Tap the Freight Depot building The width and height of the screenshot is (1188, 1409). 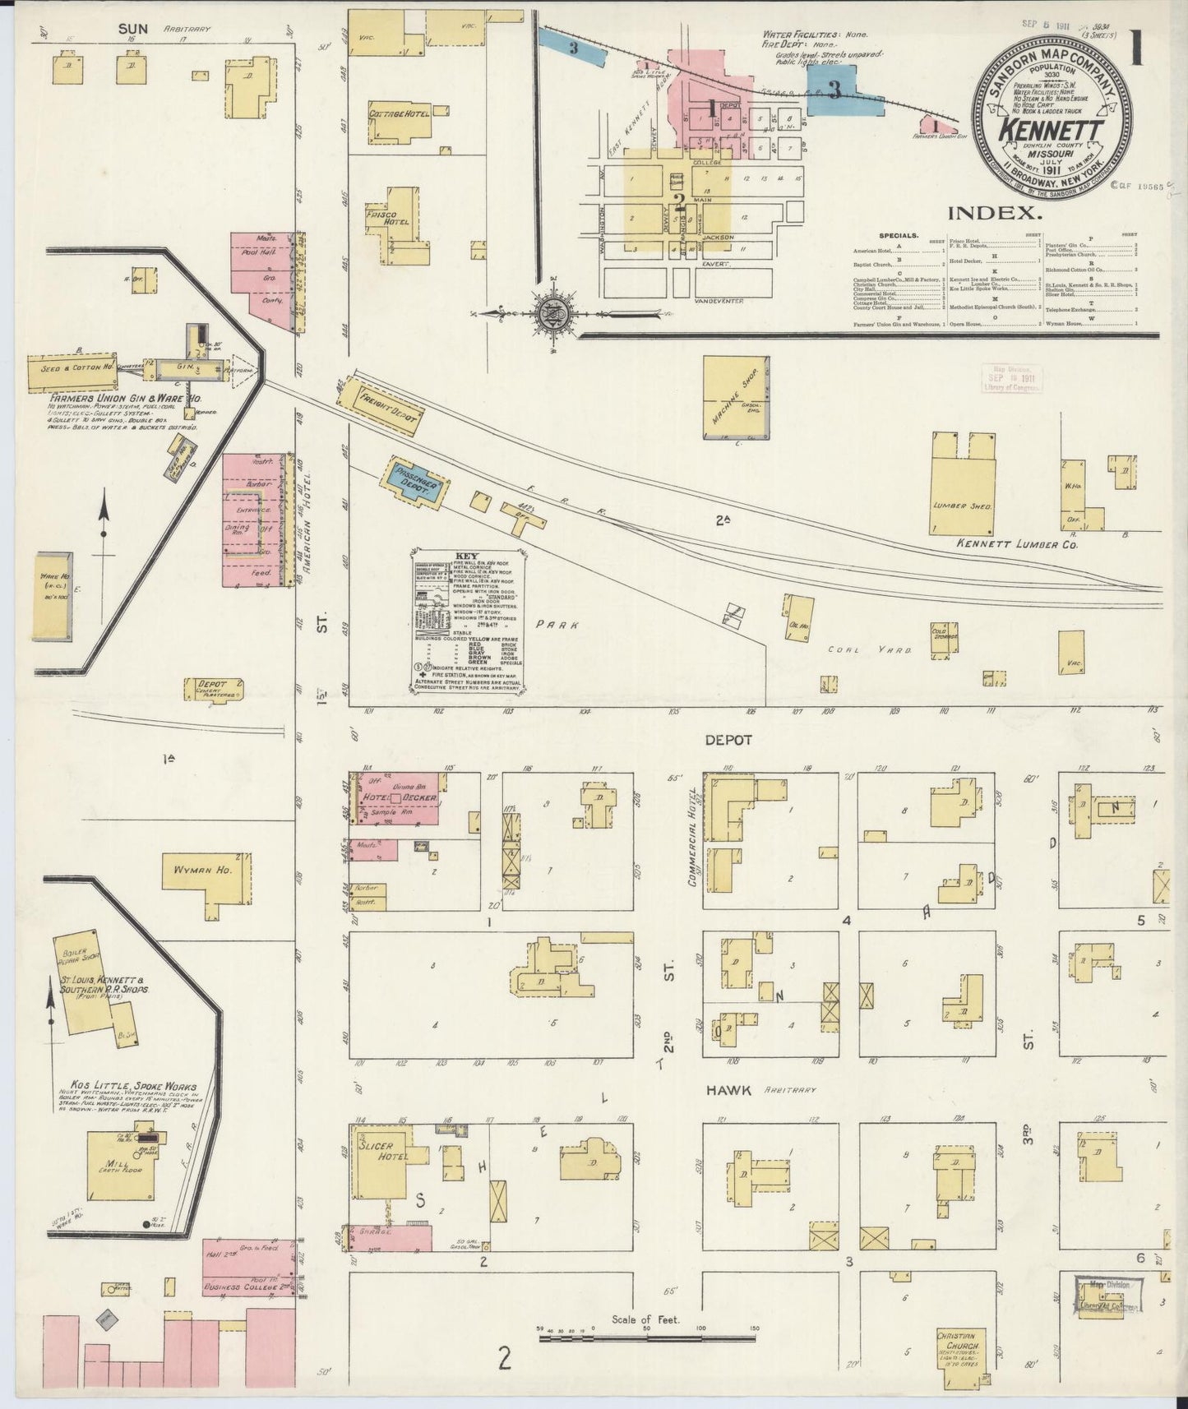380,404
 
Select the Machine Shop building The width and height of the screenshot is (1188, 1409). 736,398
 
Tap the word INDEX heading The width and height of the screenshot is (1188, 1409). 995,213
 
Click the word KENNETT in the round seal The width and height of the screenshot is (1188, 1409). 1050,130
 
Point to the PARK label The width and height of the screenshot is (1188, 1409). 558,625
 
